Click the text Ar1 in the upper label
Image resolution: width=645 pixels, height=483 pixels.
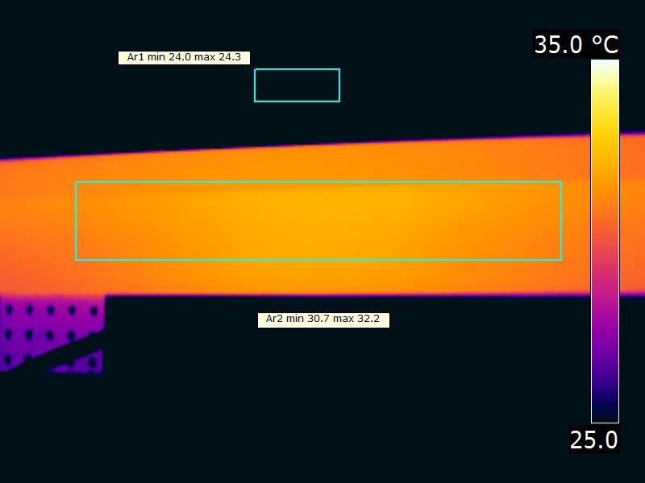(135, 57)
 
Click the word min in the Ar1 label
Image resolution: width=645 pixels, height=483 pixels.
(156, 57)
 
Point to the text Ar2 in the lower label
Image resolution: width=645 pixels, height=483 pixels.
(274, 319)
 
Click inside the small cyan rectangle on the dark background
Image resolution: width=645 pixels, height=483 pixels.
(297, 85)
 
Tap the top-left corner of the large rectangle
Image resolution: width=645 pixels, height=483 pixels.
(76, 182)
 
